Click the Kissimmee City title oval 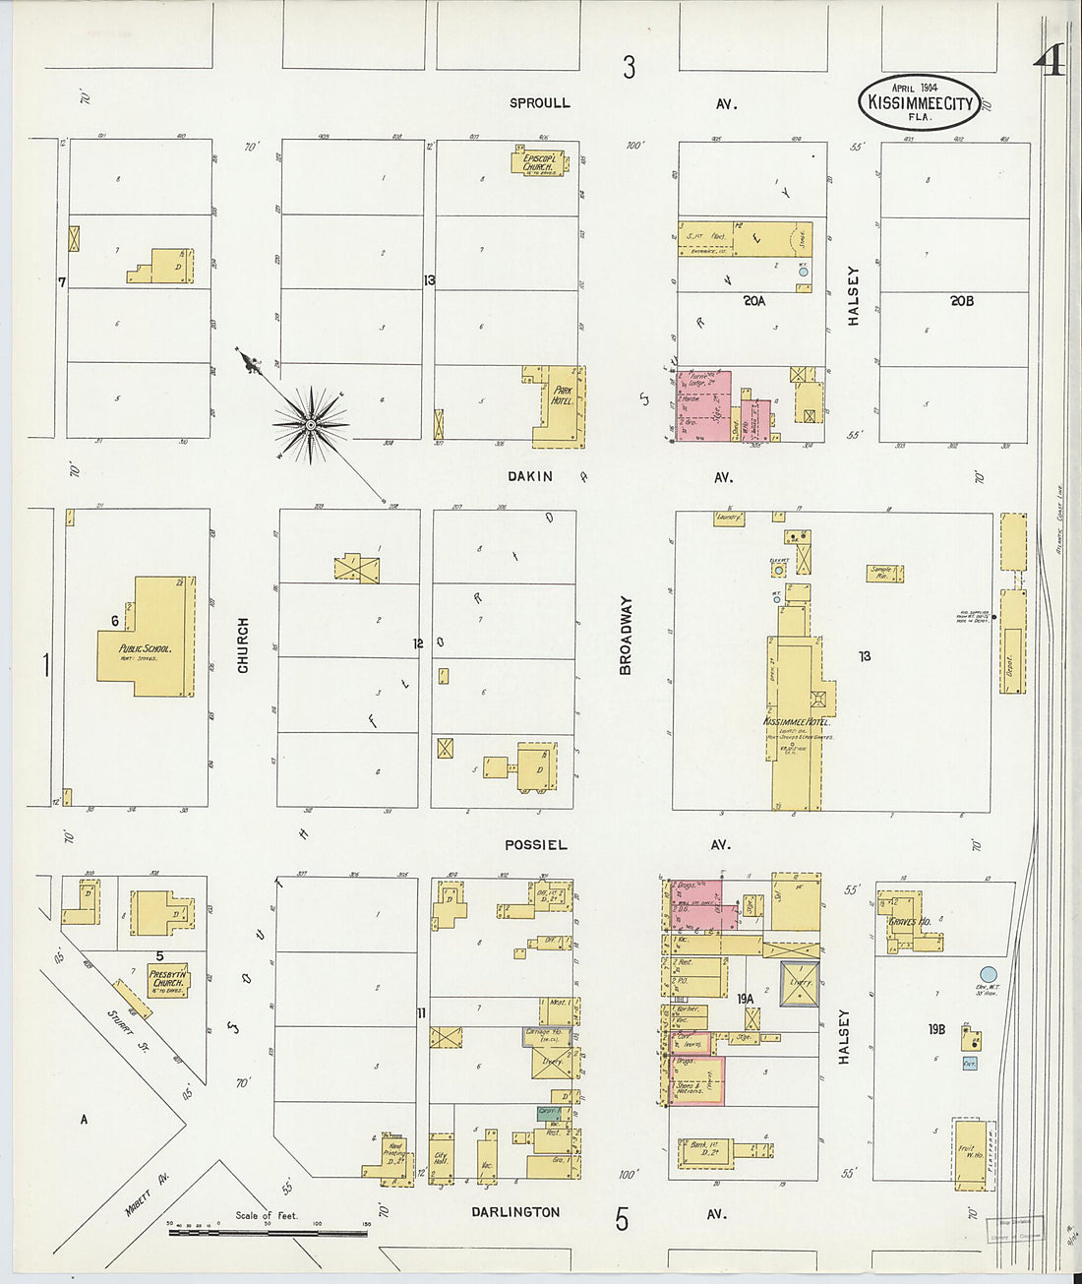(x=919, y=102)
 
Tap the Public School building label (x=145, y=649)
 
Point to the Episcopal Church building (x=537, y=160)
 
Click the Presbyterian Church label (x=167, y=977)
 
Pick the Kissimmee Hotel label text (x=796, y=722)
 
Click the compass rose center (x=311, y=425)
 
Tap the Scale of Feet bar (x=268, y=1232)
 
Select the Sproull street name (x=539, y=102)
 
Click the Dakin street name (x=530, y=476)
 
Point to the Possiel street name (x=536, y=844)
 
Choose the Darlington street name (x=515, y=1212)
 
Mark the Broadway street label (x=626, y=636)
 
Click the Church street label (x=243, y=645)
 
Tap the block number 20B (x=961, y=301)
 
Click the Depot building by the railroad (x=1012, y=642)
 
